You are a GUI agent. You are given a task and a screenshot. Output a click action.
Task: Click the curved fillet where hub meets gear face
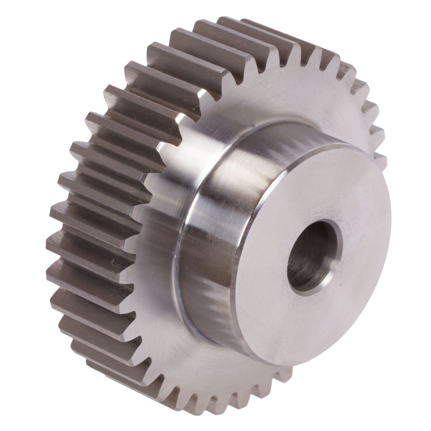[x=180, y=253]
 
